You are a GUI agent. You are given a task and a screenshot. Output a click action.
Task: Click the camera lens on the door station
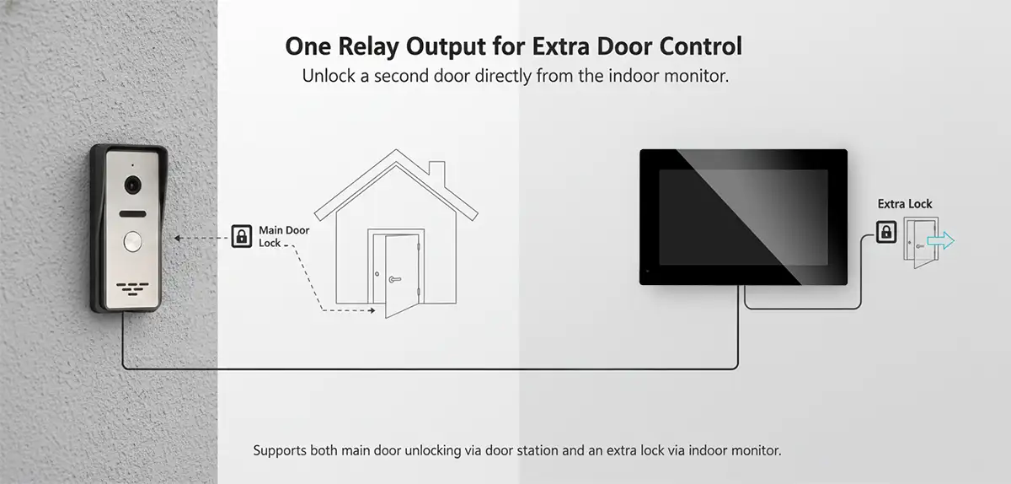coord(133,185)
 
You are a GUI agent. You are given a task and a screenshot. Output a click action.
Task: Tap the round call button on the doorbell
coord(133,241)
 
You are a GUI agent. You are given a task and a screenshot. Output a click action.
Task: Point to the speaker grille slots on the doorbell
coord(133,288)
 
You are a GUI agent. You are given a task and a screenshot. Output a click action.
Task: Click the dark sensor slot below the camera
coord(133,214)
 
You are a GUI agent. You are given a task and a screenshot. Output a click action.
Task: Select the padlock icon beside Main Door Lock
coord(242,236)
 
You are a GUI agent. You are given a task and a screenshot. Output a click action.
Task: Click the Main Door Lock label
coord(284,236)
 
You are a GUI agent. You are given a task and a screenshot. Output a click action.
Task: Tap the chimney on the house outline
coord(436,173)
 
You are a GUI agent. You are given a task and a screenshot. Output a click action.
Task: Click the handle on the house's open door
coord(395,280)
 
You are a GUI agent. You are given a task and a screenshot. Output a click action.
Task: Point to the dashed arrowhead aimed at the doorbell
coord(178,238)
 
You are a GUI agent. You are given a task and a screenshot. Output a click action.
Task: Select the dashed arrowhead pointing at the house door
coord(372,310)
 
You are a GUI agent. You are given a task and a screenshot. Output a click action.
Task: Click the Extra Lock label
coord(905,204)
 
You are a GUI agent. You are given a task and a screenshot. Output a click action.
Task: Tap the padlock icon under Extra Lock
coord(886,232)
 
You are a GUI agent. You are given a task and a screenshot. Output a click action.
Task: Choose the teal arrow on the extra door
coord(941,240)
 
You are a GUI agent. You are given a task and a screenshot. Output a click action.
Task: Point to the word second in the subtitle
coord(402,76)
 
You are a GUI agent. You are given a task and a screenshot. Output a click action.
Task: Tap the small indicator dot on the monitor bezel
coord(648,272)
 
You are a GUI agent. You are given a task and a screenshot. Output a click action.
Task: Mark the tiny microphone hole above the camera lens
coord(132,165)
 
